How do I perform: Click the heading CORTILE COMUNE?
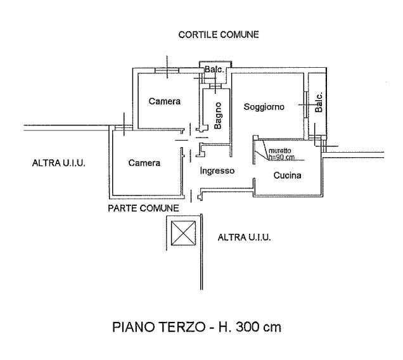pos(218,35)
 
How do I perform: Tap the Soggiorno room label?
pos(264,107)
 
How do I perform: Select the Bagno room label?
pos(217,115)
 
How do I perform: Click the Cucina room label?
pos(287,176)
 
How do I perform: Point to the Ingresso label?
pos(217,170)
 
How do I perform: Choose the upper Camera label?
pos(165,101)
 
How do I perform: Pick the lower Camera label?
pos(144,163)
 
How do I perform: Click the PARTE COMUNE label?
pos(143,208)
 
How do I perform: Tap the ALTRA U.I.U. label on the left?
pos(59,163)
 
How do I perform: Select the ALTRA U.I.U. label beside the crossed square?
pos(244,238)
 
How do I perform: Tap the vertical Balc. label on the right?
pos(319,103)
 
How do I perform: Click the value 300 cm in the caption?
pos(258,328)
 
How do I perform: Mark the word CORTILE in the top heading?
pos(198,35)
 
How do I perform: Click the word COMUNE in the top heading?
pos(239,35)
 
